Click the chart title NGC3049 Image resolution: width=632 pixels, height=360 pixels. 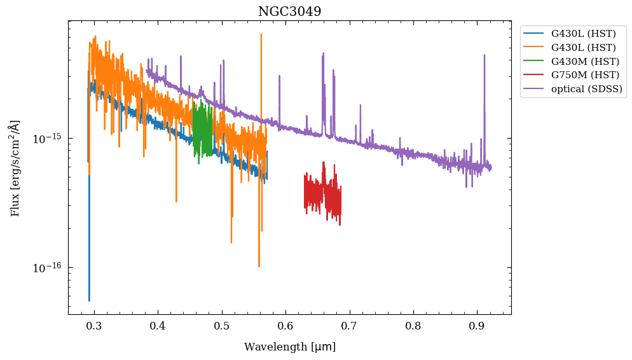[289, 11]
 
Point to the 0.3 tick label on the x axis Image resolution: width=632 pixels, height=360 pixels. [94, 326]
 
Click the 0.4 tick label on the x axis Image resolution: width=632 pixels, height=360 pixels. [158, 326]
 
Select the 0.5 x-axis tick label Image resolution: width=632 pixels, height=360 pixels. [222, 326]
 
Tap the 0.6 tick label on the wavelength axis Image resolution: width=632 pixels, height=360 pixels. [285, 326]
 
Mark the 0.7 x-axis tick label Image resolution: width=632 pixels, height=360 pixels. [349, 326]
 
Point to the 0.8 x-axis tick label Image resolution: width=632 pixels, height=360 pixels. [413, 326]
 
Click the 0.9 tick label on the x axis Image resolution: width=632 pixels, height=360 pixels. [477, 326]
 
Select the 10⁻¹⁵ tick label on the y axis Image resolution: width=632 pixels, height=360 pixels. [46, 139]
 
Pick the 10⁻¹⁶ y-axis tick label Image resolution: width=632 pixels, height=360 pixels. [46, 268]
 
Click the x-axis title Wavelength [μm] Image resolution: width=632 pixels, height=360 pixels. [289, 347]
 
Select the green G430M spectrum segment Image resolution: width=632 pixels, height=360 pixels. [202, 130]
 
